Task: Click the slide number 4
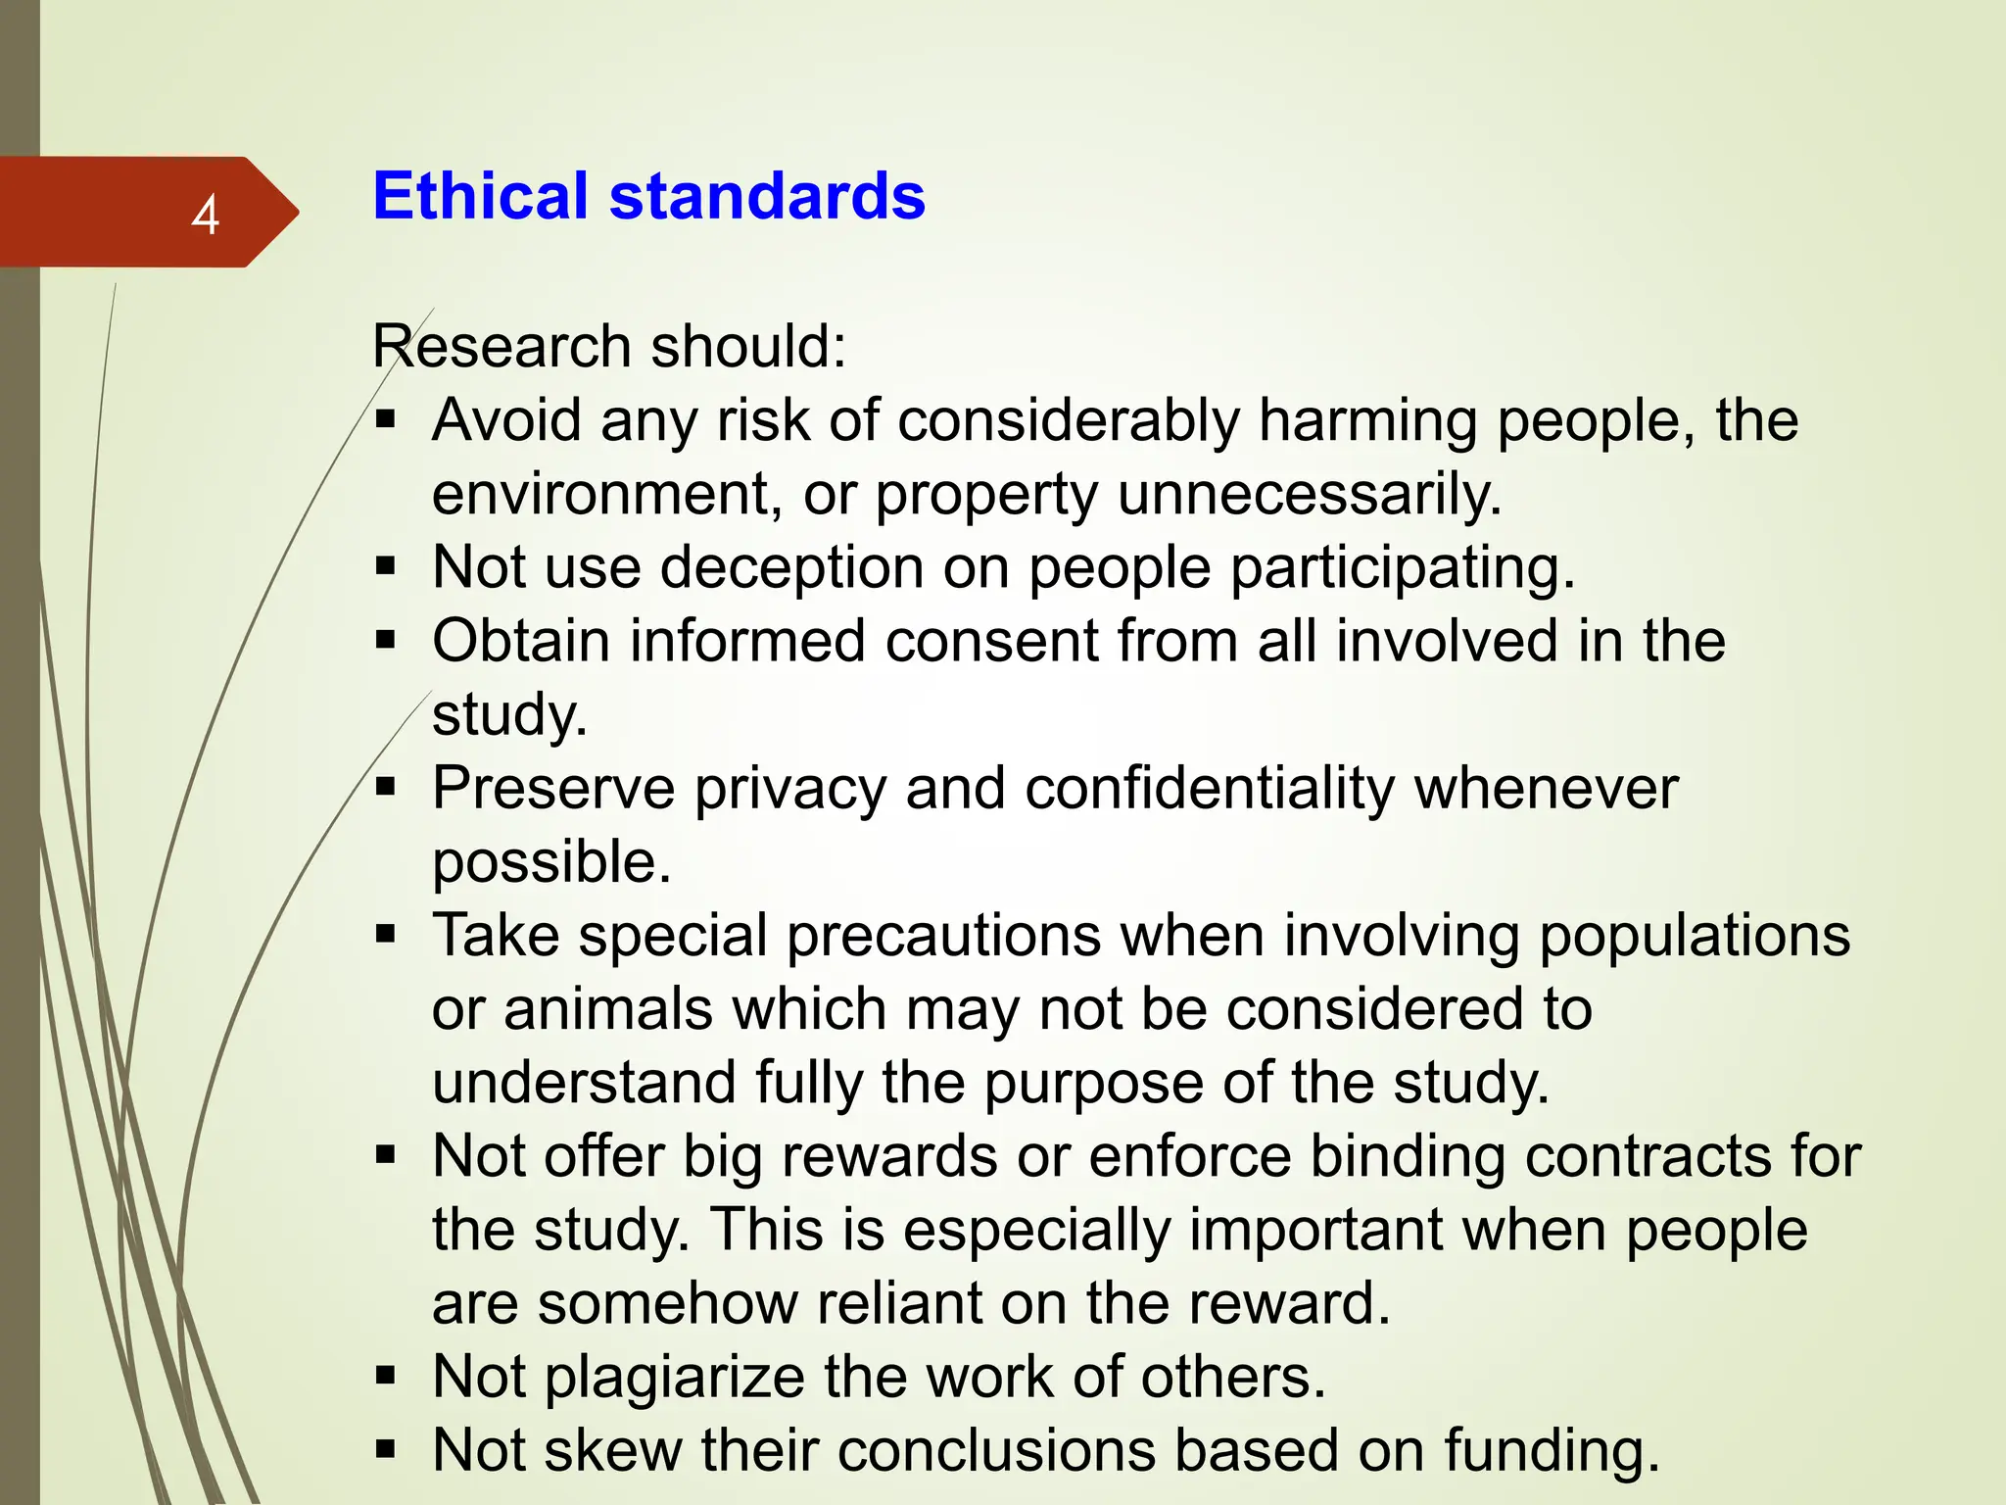click(205, 215)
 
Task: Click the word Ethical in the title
click(480, 196)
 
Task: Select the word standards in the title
click(767, 196)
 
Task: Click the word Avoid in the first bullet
click(506, 420)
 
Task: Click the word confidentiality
click(1210, 789)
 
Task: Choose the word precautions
click(944, 936)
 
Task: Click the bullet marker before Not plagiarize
click(386, 1376)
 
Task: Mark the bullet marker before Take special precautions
click(386, 934)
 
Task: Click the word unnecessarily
click(1310, 494)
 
